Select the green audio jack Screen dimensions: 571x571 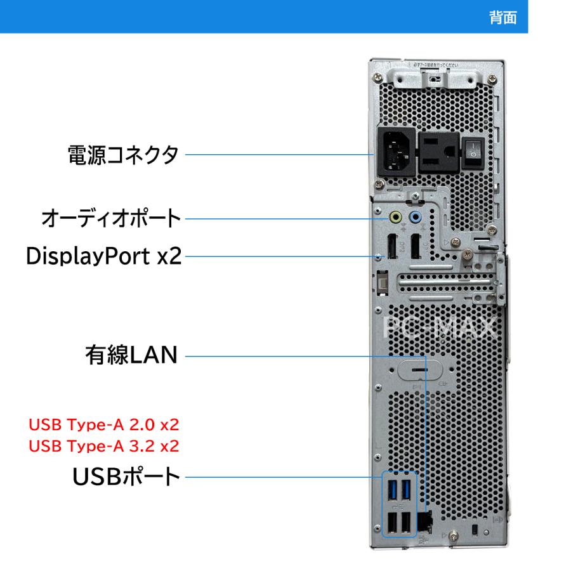[396, 217]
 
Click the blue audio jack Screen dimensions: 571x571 [416, 217]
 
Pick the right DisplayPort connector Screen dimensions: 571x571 [416, 247]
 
